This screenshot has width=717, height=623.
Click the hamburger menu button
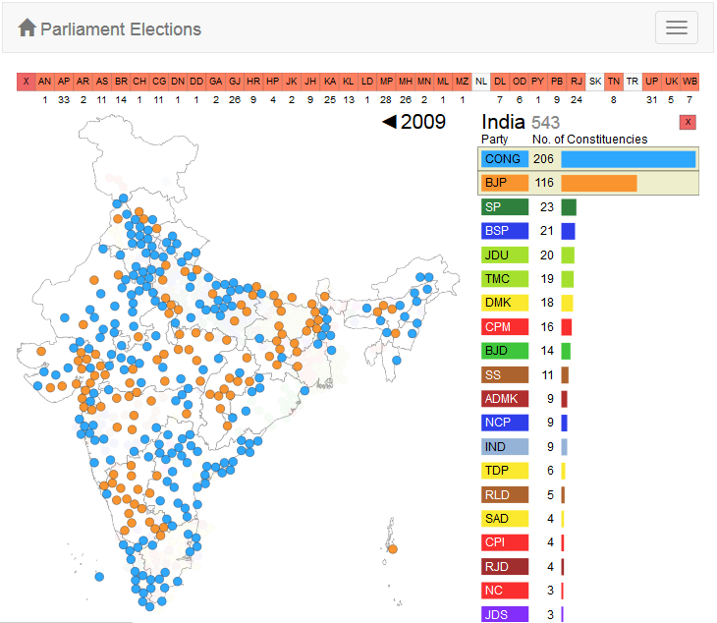(677, 28)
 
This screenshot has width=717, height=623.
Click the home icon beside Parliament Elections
(28, 28)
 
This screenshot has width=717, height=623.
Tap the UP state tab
(652, 82)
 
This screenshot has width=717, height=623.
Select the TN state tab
(614, 82)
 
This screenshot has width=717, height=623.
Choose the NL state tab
(480, 82)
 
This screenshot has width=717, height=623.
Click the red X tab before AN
(26, 82)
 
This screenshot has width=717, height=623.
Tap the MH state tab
(405, 82)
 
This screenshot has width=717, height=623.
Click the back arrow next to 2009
(389, 122)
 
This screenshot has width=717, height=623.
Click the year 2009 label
(423, 122)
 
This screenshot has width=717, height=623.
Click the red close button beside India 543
(688, 122)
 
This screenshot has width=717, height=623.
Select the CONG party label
(505, 159)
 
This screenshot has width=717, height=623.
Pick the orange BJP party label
(505, 183)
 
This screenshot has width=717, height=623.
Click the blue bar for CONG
(628, 159)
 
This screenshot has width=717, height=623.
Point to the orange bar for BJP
(599, 183)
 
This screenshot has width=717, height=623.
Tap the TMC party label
(505, 279)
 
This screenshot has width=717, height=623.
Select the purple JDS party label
(505, 614)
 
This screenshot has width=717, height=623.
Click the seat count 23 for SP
(547, 207)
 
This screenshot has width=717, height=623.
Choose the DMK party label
(505, 303)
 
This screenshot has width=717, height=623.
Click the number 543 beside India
(546, 123)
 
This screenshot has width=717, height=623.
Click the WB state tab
(690, 82)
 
